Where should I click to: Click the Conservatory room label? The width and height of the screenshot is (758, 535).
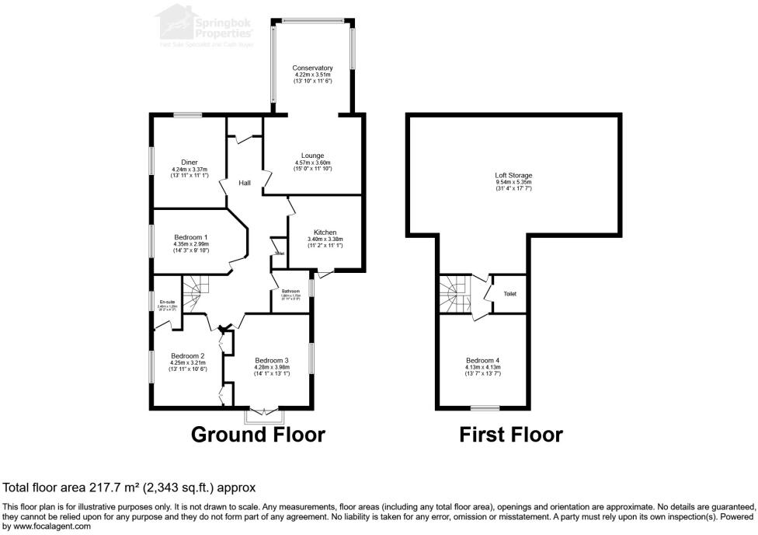[313, 68]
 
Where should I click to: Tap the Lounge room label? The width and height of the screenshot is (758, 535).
[313, 156]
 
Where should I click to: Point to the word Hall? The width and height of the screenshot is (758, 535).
[245, 183]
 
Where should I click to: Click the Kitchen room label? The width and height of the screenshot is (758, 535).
[325, 233]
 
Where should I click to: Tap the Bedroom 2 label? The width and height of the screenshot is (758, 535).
[188, 355]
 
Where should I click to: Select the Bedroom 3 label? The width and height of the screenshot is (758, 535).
[272, 360]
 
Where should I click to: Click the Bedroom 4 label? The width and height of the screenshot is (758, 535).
[484, 360]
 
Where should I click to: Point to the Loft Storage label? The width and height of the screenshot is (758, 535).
[513, 176]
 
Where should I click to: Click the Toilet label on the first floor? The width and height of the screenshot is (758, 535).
[510, 294]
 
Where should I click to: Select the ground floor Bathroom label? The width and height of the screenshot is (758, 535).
[290, 292]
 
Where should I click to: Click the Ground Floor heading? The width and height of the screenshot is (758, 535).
[258, 434]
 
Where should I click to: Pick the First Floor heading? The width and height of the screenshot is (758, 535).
[511, 434]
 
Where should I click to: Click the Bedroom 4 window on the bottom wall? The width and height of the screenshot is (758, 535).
[485, 407]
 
